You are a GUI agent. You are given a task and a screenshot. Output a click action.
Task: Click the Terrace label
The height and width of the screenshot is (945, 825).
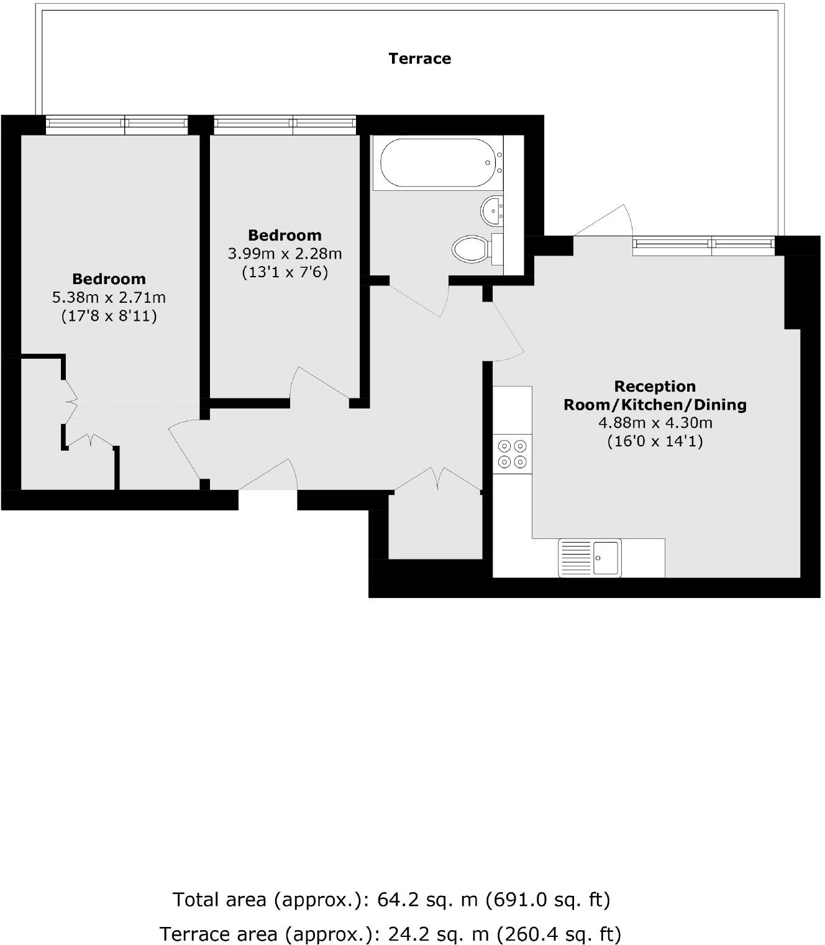click(419, 58)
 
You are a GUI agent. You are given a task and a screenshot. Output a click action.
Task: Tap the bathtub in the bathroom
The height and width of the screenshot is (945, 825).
click(437, 162)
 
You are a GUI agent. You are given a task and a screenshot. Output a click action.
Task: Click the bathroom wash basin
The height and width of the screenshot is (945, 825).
click(492, 211)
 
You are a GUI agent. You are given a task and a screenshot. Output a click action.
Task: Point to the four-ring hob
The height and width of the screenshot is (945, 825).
click(513, 454)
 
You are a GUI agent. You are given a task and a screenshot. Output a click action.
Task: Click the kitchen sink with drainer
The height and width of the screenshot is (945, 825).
click(590, 558)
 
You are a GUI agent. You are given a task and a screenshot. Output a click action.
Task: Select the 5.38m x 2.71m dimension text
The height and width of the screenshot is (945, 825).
click(109, 297)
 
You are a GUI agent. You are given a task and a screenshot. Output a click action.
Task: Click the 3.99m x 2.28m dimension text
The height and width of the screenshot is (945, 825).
click(285, 254)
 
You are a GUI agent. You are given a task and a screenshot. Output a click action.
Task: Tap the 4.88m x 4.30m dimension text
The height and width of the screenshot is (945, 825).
click(655, 423)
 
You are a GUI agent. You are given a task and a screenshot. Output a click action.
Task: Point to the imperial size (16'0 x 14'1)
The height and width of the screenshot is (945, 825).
click(655, 441)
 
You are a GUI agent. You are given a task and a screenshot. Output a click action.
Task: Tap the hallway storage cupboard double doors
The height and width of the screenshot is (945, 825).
click(438, 479)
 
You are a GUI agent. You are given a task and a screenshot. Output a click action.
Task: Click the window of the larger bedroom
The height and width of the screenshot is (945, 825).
click(116, 125)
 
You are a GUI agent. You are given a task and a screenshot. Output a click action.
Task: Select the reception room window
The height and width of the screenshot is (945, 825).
click(703, 246)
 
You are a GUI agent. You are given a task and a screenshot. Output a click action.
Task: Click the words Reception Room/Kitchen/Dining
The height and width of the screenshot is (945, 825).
click(655, 395)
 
